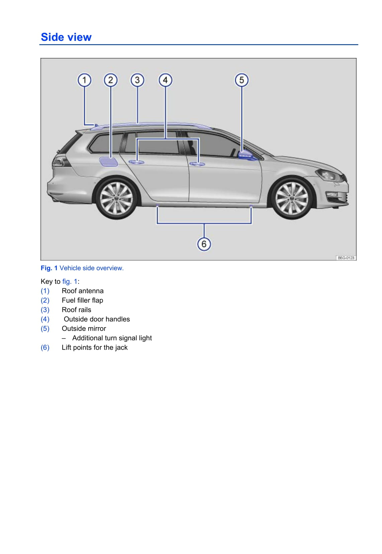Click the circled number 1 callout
84,80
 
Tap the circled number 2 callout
111,80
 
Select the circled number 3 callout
137,80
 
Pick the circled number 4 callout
165,80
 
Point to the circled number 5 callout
242,80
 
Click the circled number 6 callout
204,244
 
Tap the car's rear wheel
117,198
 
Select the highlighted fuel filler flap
108,162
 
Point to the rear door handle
136,162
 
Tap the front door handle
197,164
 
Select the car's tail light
59,162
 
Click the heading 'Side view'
66,37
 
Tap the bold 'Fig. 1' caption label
49,268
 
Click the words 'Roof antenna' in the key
83,291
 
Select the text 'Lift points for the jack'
95,347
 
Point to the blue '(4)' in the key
45,319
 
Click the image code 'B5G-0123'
346,258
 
